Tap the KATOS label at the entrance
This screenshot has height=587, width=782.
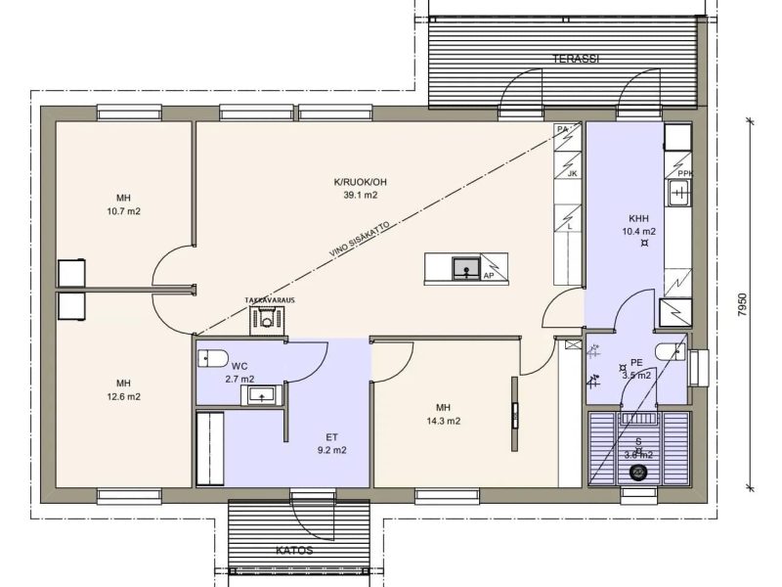click(x=294, y=550)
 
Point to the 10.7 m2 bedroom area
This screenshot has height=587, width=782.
click(x=123, y=211)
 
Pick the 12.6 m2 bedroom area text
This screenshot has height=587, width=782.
click(x=123, y=397)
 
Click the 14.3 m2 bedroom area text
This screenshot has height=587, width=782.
click(x=444, y=422)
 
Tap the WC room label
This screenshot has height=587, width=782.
click(x=239, y=366)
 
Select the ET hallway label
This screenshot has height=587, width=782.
click(x=331, y=436)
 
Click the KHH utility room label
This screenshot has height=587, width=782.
click(x=638, y=218)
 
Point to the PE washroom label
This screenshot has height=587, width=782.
click(x=636, y=361)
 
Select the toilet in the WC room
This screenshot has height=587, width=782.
click(x=212, y=356)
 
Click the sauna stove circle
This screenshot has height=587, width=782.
click(x=639, y=473)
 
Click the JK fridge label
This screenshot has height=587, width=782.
click(x=571, y=174)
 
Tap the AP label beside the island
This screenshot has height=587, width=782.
click(x=488, y=276)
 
